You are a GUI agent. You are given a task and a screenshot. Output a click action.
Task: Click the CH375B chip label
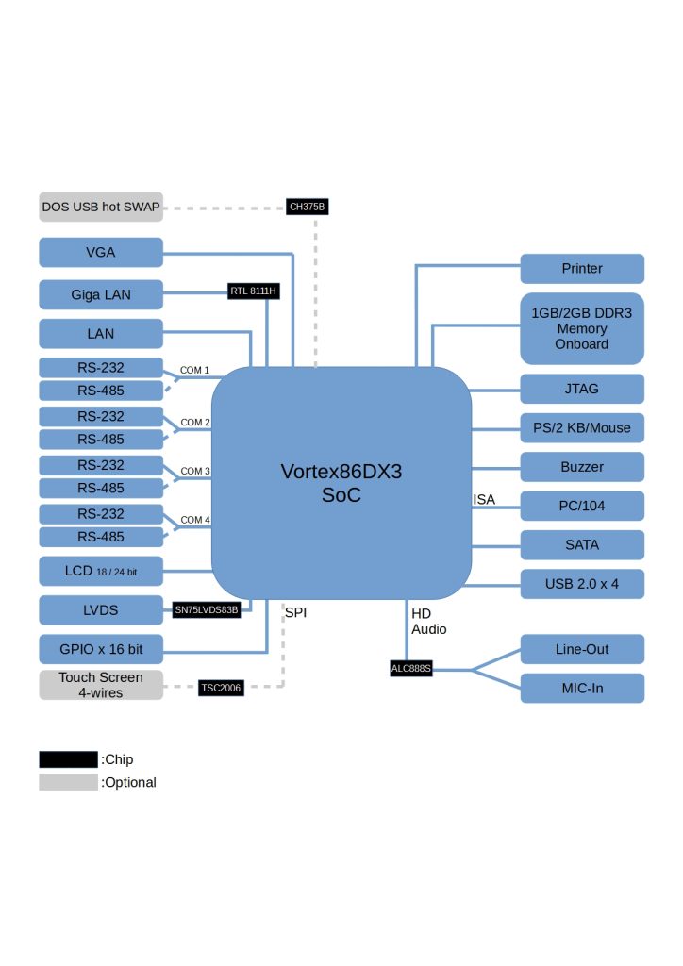pyautogui.click(x=307, y=207)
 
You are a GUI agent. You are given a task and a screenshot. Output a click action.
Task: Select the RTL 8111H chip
pyautogui.click(x=253, y=291)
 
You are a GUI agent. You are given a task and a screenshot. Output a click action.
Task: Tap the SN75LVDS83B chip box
pyautogui.click(x=207, y=609)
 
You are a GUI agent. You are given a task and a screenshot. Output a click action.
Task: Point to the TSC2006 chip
pyautogui.click(x=221, y=688)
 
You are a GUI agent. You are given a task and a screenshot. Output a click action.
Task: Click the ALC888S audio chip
pyautogui.click(x=410, y=669)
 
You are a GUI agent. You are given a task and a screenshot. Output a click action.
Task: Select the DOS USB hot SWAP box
pyautogui.click(x=101, y=207)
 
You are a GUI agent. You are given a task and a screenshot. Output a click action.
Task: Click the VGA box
pyautogui.click(x=101, y=253)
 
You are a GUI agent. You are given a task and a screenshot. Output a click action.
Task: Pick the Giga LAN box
pyautogui.click(x=101, y=294)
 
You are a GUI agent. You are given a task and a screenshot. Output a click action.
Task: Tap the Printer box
pyautogui.click(x=582, y=269)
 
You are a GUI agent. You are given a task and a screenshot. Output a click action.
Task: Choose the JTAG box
pyautogui.click(x=582, y=389)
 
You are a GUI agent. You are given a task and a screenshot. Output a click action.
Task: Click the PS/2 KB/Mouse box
pyautogui.click(x=582, y=427)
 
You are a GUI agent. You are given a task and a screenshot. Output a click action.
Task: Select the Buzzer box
pyautogui.click(x=582, y=467)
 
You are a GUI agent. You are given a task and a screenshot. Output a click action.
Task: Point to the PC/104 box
pyautogui.click(x=582, y=506)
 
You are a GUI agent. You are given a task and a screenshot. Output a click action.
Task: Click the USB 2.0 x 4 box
pyautogui.click(x=582, y=583)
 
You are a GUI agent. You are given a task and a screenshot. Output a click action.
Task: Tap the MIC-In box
pyautogui.click(x=582, y=688)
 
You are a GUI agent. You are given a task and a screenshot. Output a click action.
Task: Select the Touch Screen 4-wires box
pyautogui.click(x=101, y=685)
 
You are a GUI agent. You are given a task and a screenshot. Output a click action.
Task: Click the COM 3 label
pyautogui.click(x=195, y=471)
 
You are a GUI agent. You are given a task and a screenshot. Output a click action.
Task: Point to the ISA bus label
pyautogui.click(x=484, y=499)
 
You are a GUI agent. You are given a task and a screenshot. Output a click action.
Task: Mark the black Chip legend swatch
pyautogui.click(x=68, y=759)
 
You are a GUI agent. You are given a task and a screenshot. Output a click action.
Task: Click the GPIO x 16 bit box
pyautogui.click(x=101, y=649)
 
